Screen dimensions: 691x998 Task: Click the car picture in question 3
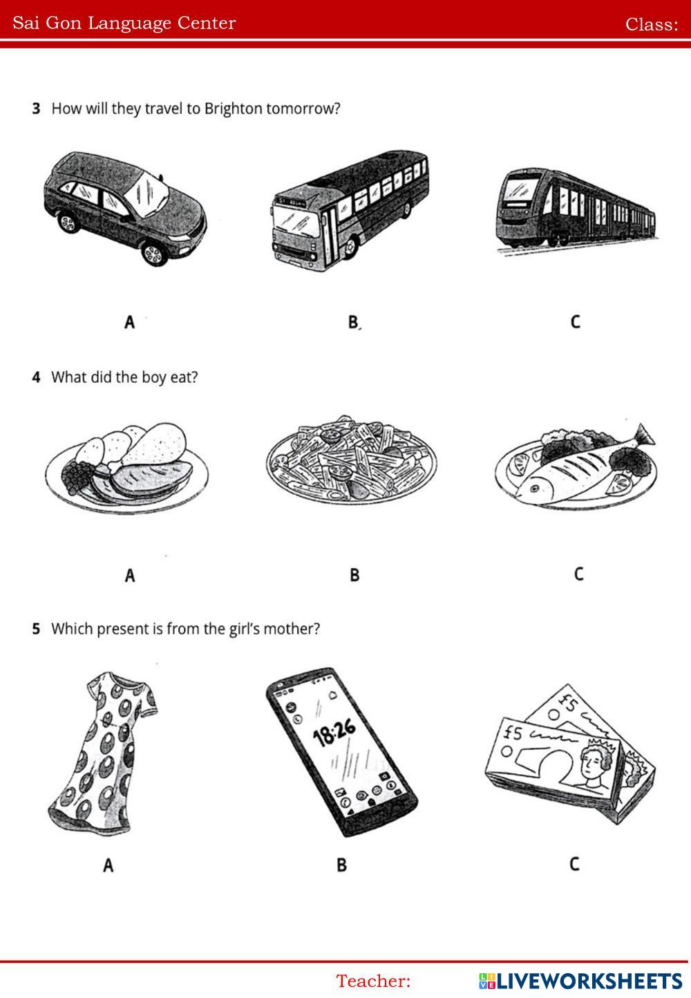tap(125, 209)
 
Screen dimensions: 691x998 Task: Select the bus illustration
tap(350, 210)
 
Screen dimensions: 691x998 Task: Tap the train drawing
tap(577, 209)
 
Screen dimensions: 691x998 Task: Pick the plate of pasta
tap(352, 460)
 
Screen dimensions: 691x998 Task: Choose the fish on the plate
tap(579, 468)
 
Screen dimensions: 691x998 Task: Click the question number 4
tap(36, 378)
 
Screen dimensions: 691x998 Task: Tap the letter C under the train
tap(576, 321)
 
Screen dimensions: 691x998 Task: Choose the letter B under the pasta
tap(354, 575)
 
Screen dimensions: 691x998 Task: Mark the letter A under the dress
tap(108, 865)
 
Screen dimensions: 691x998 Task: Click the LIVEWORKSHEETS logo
tap(580, 981)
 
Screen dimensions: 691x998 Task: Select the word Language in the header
tap(130, 24)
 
